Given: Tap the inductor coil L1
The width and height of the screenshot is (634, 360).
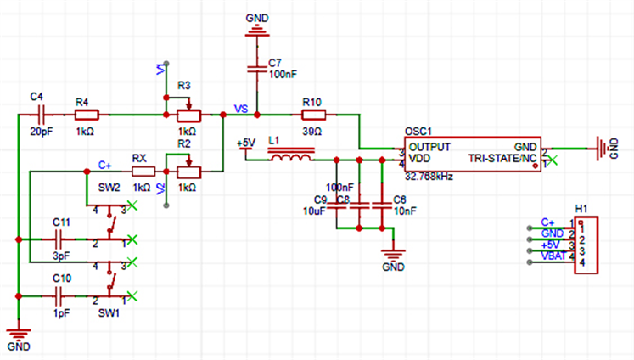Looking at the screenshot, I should (290, 157).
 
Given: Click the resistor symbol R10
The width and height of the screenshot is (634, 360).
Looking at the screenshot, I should (313, 114).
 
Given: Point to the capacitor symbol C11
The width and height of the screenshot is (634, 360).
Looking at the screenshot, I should (60, 240).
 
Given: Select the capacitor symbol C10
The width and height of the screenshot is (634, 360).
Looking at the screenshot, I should (60, 296).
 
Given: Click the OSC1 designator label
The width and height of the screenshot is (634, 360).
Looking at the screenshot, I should (418, 131).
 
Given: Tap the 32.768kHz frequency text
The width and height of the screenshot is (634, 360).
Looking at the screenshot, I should (429, 177).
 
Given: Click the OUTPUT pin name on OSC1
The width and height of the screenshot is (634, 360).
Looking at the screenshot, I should (430, 146).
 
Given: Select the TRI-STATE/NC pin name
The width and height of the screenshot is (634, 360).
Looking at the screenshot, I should (502, 158).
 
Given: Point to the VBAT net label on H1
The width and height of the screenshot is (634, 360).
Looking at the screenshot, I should (553, 255).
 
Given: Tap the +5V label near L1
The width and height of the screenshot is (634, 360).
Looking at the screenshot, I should (245, 143).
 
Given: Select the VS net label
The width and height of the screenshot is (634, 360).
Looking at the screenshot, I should (240, 108).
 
